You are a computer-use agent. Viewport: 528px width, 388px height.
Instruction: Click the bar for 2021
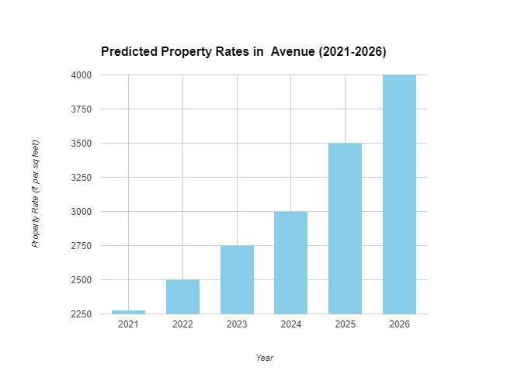[x=128, y=312]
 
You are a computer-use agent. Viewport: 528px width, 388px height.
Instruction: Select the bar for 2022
[x=182, y=296]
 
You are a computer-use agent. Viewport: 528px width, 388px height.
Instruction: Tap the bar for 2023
[x=237, y=279]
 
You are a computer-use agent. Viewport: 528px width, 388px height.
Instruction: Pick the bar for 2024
[x=291, y=262]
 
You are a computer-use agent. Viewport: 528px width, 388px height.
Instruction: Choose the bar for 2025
[x=345, y=228]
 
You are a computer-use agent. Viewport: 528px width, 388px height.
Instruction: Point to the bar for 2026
[x=399, y=194]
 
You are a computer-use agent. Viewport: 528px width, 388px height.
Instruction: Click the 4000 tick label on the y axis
[x=81, y=75]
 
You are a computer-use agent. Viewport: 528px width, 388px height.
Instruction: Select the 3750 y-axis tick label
[x=81, y=109]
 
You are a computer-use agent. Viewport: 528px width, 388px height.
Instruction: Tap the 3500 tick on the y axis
[x=81, y=144]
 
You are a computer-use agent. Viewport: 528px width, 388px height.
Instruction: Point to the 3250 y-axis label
[x=81, y=178]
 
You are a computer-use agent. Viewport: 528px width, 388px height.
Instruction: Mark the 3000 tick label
[x=81, y=212]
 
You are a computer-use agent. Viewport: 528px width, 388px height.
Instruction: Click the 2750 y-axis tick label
[x=81, y=246]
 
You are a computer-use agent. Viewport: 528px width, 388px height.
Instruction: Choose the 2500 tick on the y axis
[x=81, y=280]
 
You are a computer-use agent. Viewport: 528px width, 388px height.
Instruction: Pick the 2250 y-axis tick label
[x=81, y=314]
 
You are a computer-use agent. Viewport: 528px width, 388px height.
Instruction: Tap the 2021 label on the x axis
[x=128, y=324]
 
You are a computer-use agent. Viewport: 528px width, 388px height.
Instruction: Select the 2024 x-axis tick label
[x=291, y=324]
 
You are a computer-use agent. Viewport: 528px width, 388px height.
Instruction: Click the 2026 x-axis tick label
[x=399, y=324]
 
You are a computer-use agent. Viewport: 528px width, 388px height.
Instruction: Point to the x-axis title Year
[x=265, y=358]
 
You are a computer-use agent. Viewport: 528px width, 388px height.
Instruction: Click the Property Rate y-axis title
[x=35, y=194]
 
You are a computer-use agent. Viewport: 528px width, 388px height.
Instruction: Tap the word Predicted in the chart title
[x=128, y=52]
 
